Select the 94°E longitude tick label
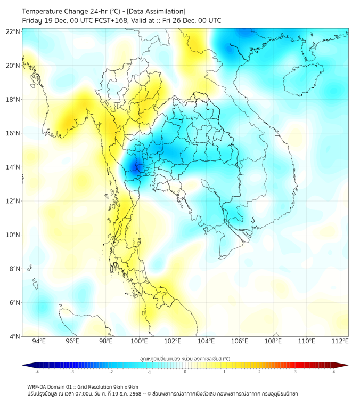[39, 341]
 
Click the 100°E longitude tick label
[140, 341]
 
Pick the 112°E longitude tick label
[340, 341]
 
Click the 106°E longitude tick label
[240, 341]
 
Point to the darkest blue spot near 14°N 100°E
[135, 167]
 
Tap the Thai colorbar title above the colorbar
[185, 358]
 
